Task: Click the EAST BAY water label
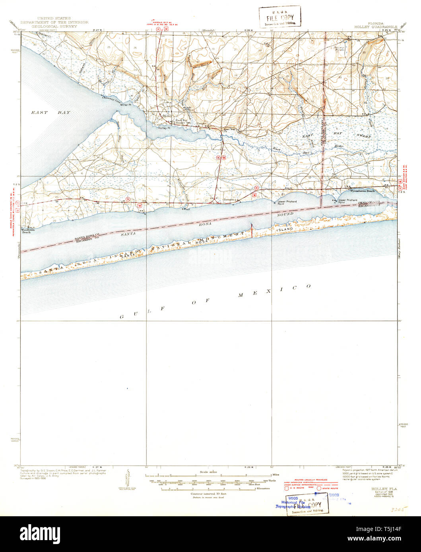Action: (x=50, y=113)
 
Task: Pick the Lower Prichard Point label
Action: (x=287, y=202)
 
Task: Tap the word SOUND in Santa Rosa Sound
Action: (x=285, y=214)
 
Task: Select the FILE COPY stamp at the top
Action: (x=279, y=17)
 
